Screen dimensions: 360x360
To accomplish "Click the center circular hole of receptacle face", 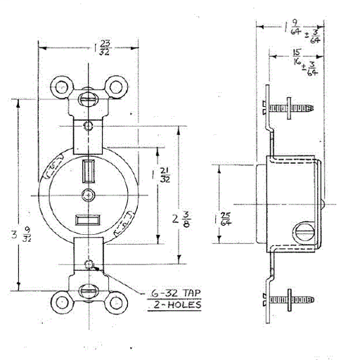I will [87, 194].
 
